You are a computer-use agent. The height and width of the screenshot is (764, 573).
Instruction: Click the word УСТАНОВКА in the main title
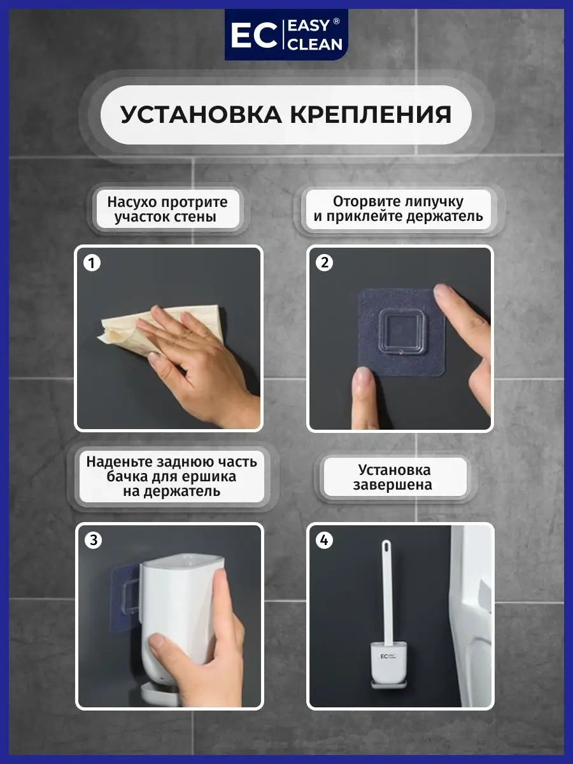(x=201, y=115)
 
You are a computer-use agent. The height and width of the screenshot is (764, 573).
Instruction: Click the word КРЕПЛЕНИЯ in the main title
(x=371, y=115)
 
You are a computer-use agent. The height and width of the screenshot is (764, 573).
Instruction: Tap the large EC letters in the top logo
(x=253, y=35)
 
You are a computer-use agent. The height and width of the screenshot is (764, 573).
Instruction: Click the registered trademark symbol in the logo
(x=336, y=21)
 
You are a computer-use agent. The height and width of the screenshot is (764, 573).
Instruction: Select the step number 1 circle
(x=92, y=263)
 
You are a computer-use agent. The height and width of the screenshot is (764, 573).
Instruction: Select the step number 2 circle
(x=324, y=263)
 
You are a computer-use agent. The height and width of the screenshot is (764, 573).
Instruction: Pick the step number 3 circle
(x=93, y=540)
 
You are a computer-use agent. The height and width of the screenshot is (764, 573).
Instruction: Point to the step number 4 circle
(x=324, y=540)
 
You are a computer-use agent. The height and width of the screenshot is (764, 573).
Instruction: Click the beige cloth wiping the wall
(x=139, y=327)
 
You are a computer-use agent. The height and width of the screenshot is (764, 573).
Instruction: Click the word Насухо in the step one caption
(x=131, y=202)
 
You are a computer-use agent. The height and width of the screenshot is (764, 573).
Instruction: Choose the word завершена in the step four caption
(x=392, y=485)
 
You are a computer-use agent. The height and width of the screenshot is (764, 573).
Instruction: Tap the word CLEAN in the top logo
(x=316, y=45)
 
